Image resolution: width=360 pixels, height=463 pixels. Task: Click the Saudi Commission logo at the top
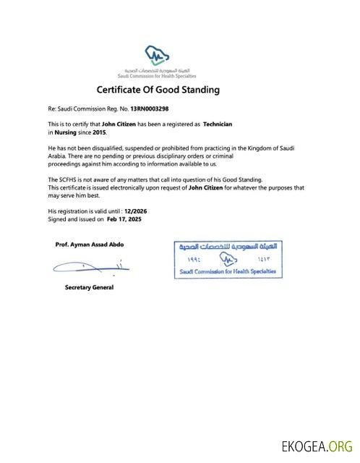(158, 59)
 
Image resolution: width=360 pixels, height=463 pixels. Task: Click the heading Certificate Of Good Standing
(158, 90)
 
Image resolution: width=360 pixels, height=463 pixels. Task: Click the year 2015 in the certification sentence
(99, 133)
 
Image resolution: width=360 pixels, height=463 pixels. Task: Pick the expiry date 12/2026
(136, 211)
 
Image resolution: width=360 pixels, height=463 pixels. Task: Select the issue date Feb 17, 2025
(124, 218)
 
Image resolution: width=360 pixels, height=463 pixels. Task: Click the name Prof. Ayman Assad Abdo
(89, 245)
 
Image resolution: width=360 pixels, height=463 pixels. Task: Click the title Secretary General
(89, 287)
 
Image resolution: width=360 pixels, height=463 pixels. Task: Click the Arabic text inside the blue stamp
(227, 247)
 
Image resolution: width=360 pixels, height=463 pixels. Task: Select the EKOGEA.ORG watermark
(317, 446)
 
